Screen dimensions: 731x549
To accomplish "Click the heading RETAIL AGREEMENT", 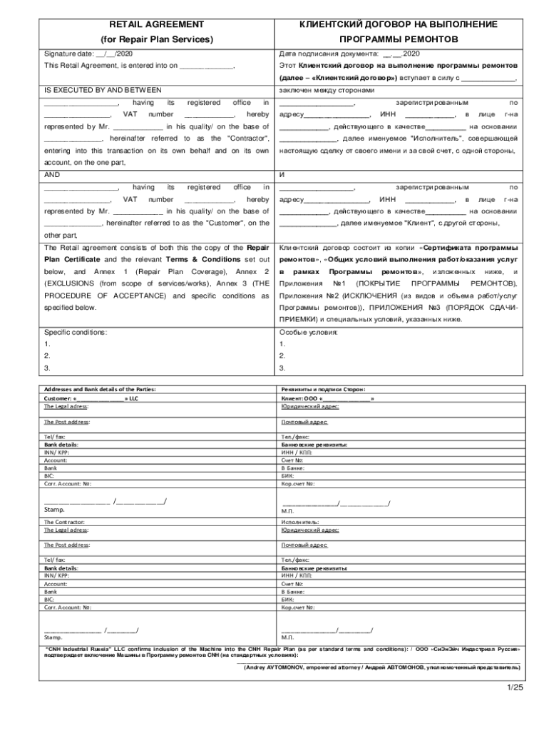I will (x=156, y=24).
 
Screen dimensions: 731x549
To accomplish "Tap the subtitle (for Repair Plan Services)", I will (x=156, y=39).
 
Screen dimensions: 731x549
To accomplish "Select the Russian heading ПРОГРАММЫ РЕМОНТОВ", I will (x=399, y=39).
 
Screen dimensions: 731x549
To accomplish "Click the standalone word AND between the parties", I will (x=52, y=174).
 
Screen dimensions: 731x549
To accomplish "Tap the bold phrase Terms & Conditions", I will (x=200, y=259).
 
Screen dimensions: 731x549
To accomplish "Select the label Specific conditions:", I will (x=76, y=332).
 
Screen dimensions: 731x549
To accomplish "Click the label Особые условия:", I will (x=307, y=332).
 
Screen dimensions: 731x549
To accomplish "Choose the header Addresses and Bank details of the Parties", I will (x=100, y=389).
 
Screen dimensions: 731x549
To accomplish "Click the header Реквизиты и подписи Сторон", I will (x=323, y=389).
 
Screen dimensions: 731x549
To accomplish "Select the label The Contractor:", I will (x=66, y=522).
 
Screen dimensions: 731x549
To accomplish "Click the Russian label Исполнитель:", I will (x=299, y=522).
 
